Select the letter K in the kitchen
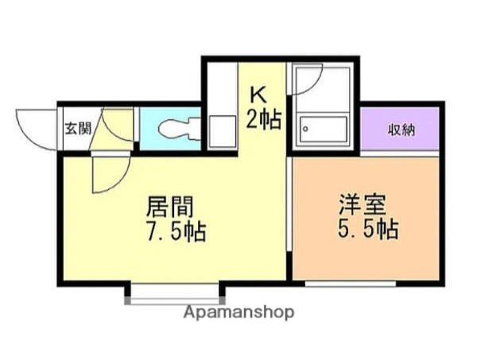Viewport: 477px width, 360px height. coord(258,94)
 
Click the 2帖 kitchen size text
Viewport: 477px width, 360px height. coord(264,120)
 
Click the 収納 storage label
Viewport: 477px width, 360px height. coord(401,130)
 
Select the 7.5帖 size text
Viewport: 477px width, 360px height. coord(175,232)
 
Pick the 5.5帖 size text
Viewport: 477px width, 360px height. coord(366,230)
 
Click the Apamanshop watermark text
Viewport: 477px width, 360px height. coord(238,312)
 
